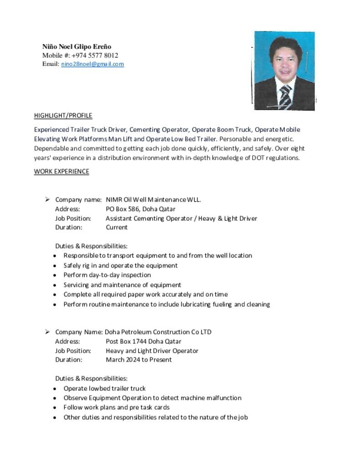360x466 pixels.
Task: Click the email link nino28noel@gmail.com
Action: coord(92,64)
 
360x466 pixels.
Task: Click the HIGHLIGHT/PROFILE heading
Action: coord(63,116)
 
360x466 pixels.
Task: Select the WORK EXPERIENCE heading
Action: coord(61,172)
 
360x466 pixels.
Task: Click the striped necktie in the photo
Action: coord(285,97)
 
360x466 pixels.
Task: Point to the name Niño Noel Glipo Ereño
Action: coord(76,46)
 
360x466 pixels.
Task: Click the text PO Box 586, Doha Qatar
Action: coord(140,209)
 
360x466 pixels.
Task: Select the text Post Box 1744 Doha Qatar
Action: coord(143,341)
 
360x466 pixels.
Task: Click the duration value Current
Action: coord(117,227)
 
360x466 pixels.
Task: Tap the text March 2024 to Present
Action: coord(139,360)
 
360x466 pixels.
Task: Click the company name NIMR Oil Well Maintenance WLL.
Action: coord(153,199)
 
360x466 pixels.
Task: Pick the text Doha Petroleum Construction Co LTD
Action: coord(158,332)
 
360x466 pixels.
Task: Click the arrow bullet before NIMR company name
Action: coord(47,199)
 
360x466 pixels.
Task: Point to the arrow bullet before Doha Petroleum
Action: coord(47,332)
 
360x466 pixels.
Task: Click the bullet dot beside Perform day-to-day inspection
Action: coord(55,275)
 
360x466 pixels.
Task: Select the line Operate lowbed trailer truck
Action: coord(104,388)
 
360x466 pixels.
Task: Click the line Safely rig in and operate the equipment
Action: coord(120,265)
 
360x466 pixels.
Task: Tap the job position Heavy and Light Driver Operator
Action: coord(152,350)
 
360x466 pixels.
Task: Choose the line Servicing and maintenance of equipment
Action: coord(122,285)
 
